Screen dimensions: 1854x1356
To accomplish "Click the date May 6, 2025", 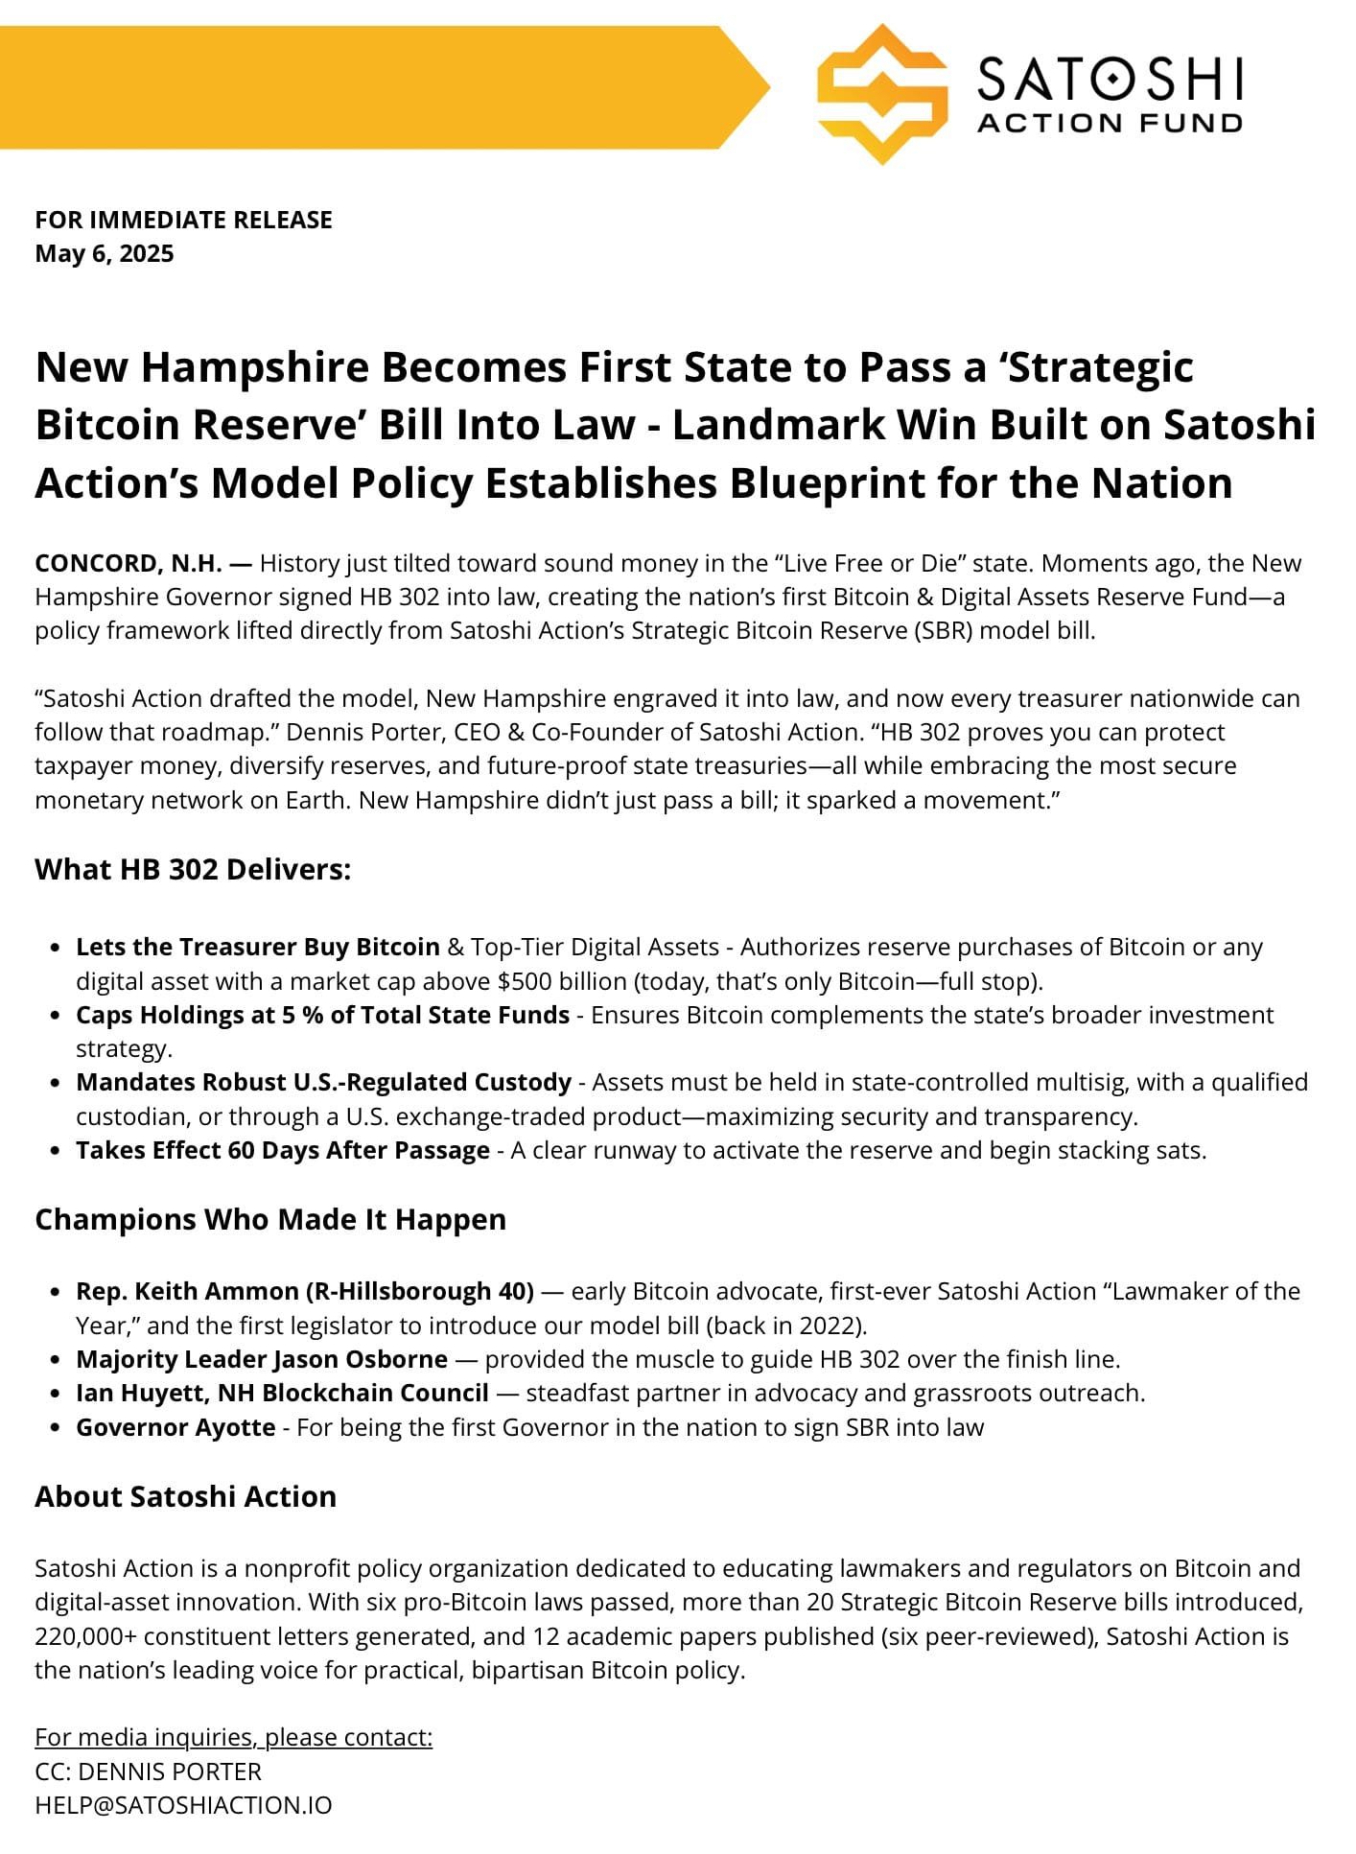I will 105,254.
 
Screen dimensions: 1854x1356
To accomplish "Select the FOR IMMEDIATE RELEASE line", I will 183,220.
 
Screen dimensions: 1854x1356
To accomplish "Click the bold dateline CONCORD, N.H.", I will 129,563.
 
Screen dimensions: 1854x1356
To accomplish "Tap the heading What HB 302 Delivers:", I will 193,870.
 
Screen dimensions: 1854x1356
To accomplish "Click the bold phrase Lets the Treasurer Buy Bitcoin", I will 257,947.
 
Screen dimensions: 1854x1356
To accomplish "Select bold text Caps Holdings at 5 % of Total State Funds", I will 322,1015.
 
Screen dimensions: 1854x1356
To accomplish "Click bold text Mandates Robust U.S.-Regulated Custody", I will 323,1082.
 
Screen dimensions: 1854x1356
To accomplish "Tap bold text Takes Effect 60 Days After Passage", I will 283,1150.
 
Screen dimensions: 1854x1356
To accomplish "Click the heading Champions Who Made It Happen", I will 270,1220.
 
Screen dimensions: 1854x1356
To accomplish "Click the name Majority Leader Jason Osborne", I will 262,1359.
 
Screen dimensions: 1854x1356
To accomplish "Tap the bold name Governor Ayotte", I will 175,1427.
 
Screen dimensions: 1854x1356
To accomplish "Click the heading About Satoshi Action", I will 185,1497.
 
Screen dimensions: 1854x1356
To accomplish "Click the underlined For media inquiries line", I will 233,1737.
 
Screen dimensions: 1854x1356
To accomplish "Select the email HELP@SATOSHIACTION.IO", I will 183,1805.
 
